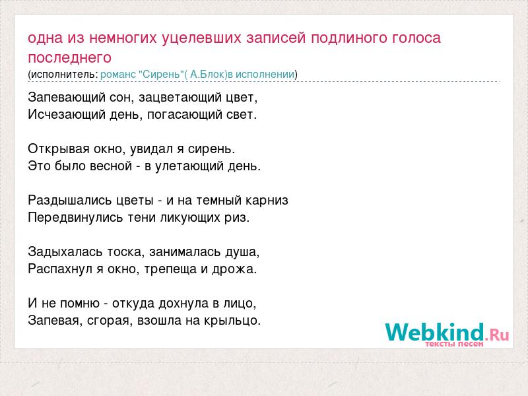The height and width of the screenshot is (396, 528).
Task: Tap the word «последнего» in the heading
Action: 70,57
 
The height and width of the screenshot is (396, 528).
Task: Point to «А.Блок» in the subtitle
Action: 207,74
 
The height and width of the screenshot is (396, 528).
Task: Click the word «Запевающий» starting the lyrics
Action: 67,98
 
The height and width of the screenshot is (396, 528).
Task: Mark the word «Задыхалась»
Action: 65,252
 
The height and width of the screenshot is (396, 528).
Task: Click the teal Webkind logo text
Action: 435,332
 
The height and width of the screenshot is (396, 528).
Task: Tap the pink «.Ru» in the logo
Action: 497,335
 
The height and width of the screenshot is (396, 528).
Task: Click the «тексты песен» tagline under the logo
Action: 454,344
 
